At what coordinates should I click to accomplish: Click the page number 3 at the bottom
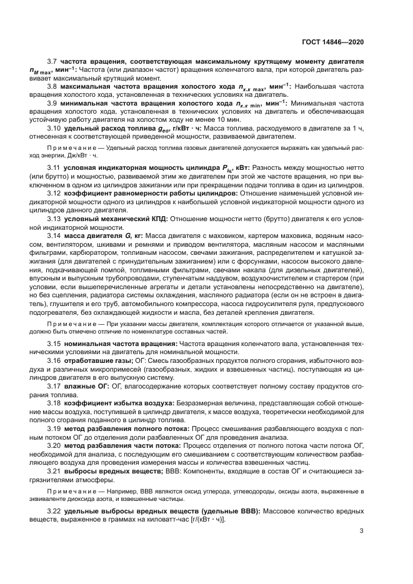[x=362, y=532]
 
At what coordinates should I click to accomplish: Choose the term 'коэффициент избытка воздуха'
[x=118, y=404]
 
